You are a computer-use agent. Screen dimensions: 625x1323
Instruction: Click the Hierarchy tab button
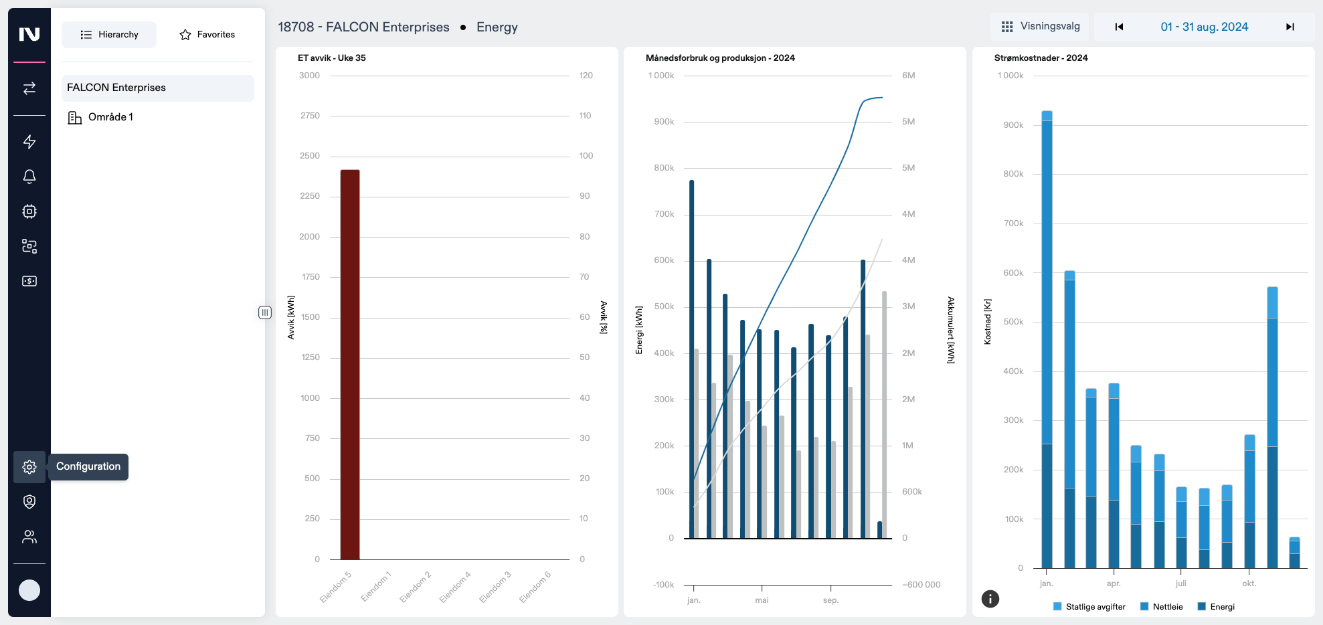coord(109,35)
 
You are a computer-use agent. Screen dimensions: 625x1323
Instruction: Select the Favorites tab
coord(207,35)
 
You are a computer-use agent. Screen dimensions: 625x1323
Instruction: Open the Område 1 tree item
coord(110,117)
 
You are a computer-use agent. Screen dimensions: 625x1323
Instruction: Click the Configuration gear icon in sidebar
coord(29,467)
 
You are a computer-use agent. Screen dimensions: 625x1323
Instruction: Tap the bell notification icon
coord(29,177)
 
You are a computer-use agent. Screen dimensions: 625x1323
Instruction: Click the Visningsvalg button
coord(1041,27)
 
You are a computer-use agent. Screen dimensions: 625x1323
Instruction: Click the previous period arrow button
coord(1119,27)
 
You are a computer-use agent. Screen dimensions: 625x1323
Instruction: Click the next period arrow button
coord(1290,27)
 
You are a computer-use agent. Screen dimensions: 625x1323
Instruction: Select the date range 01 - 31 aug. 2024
coord(1204,27)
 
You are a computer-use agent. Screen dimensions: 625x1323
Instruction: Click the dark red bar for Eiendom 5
coord(350,365)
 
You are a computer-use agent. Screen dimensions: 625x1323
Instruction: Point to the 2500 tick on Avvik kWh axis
coord(310,156)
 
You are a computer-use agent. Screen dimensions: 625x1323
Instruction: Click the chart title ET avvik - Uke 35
coord(332,58)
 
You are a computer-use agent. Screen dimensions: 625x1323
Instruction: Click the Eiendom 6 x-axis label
coord(535,587)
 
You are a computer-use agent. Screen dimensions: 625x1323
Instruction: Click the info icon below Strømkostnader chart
coord(990,599)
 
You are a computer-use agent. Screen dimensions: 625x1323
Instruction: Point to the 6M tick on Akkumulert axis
coord(908,76)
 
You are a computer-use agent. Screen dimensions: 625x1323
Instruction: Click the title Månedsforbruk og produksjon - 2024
coord(720,58)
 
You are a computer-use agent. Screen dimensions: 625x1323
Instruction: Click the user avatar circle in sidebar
coord(29,590)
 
